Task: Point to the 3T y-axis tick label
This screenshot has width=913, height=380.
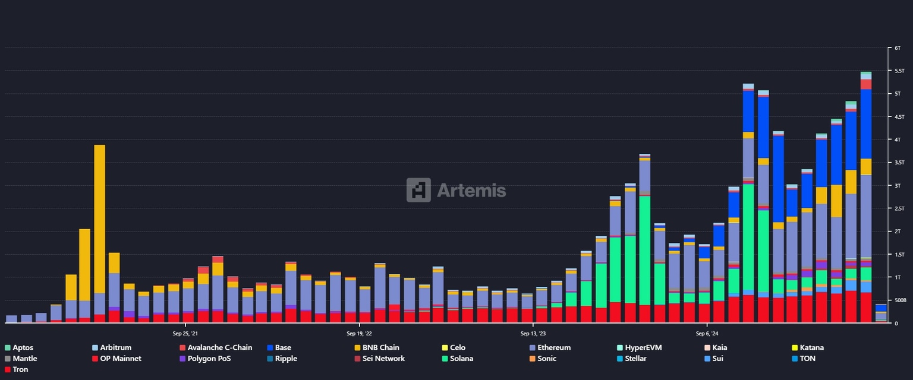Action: [x=898, y=185]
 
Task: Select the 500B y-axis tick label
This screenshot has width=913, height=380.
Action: [x=899, y=300]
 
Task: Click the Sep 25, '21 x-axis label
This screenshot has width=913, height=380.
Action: [x=185, y=334]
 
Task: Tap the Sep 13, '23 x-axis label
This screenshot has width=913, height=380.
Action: [x=533, y=334]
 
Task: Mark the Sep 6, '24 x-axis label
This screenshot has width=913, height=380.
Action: [x=707, y=334]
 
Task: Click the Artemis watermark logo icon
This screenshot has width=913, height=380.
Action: [x=418, y=190]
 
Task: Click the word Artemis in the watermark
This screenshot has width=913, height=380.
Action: [x=471, y=191]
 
